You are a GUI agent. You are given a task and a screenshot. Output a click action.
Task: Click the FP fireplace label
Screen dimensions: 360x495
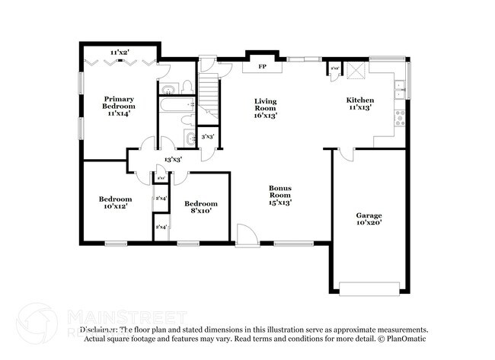pos(262,67)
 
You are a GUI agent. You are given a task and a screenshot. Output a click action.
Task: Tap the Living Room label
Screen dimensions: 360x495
pos(265,108)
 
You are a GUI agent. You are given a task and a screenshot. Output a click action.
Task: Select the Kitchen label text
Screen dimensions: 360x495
pos(360,104)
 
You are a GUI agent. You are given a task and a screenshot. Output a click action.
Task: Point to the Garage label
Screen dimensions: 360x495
pos(369,219)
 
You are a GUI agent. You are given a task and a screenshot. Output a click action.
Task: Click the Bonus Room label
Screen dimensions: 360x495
pos(280,195)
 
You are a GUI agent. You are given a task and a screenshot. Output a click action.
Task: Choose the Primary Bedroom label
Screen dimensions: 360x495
pos(119,106)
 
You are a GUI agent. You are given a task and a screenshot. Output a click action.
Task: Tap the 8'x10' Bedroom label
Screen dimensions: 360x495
pos(201,207)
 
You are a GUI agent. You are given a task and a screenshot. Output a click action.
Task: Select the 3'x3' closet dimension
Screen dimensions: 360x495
pos(206,137)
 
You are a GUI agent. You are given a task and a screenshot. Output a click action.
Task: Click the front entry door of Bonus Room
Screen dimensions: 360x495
pos(245,237)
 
